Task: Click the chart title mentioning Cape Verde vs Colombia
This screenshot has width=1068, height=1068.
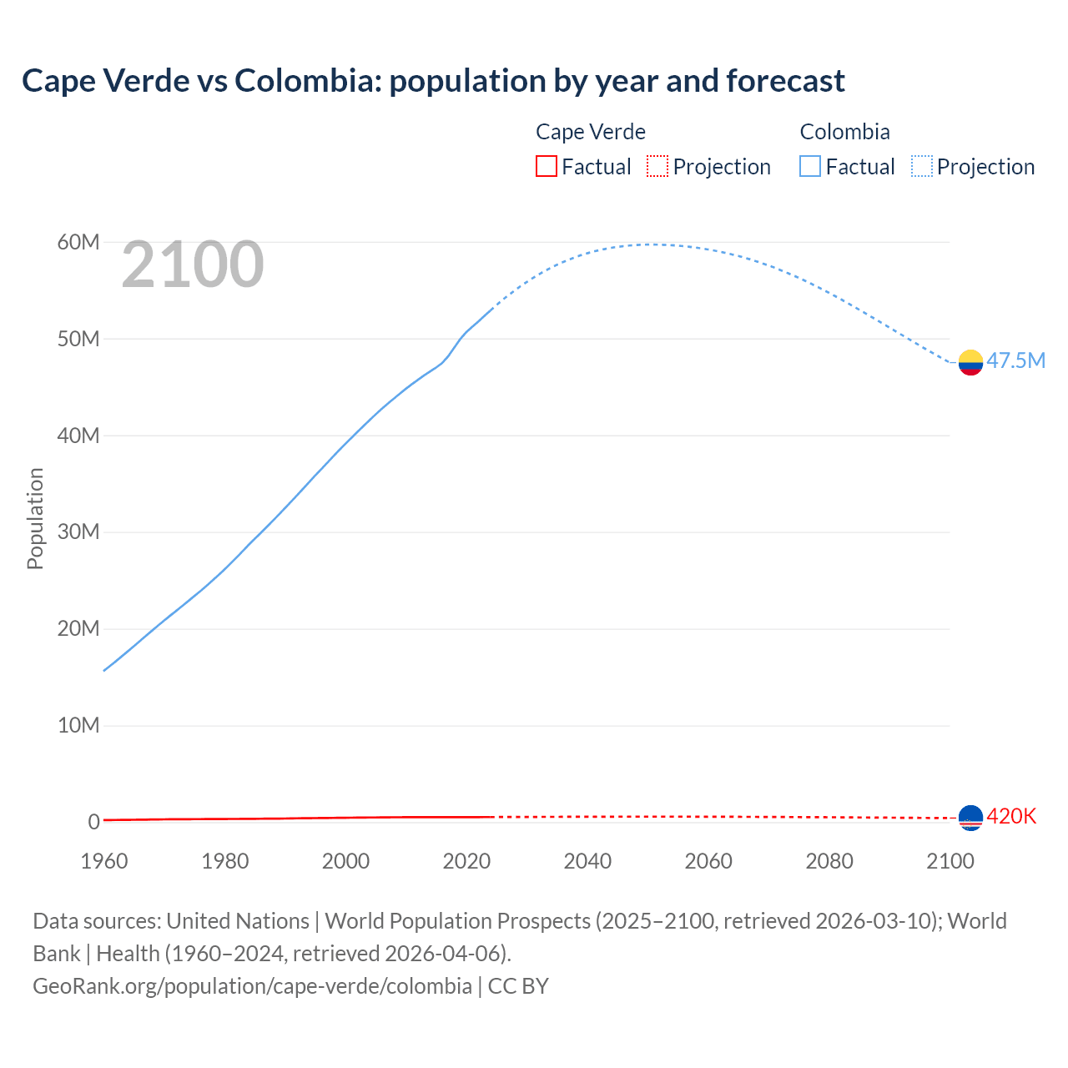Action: [433, 81]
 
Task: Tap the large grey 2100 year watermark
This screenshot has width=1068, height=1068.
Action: [193, 264]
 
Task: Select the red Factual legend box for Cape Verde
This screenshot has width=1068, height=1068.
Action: [546, 166]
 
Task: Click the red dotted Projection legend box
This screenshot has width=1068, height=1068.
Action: [657, 166]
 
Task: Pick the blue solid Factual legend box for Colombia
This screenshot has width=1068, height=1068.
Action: [810, 166]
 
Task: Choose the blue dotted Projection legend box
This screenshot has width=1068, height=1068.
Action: [922, 166]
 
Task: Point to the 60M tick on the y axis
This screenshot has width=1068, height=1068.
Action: [78, 242]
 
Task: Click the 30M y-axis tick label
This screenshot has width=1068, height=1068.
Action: [78, 531]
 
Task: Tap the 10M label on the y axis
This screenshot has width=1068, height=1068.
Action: [78, 725]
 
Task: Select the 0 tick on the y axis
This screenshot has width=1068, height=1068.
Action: [93, 822]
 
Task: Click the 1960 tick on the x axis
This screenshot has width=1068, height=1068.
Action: [104, 861]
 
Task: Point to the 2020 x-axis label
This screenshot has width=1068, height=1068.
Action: [466, 861]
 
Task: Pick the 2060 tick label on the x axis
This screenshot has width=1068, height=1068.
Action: [708, 861]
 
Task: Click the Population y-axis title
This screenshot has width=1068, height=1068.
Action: [35, 518]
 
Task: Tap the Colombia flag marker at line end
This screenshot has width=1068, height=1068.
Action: [970, 362]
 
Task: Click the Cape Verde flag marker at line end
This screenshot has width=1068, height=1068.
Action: [970, 818]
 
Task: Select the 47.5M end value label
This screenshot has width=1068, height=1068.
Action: [1015, 360]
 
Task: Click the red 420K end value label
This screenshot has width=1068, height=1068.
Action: [1011, 816]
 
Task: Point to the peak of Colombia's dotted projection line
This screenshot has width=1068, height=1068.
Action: [653, 244]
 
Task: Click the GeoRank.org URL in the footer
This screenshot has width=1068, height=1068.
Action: [252, 986]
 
